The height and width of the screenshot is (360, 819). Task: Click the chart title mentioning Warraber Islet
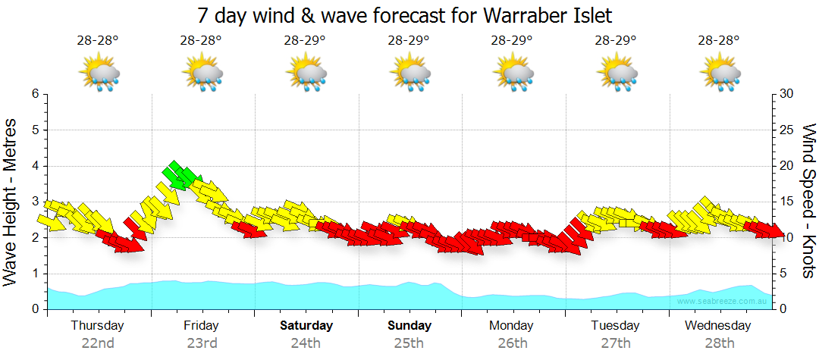(404, 15)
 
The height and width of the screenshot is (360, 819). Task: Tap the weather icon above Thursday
(100, 74)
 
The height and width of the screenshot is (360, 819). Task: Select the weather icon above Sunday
(410, 74)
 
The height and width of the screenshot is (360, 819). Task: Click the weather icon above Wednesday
(720, 74)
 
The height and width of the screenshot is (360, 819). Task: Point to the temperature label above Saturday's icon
(305, 40)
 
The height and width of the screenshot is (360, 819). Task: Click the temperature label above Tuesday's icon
(615, 40)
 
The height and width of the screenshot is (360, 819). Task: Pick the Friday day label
(201, 326)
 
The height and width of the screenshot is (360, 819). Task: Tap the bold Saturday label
(306, 326)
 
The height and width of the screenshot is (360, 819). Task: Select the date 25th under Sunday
(409, 343)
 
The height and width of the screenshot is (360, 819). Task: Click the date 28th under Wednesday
(719, 343)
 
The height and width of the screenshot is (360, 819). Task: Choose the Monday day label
(511, 326)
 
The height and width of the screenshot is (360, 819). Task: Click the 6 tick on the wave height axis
(34, 94)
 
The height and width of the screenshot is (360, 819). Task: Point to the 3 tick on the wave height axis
(34, 202)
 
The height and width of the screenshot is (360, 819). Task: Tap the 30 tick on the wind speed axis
(787, 94)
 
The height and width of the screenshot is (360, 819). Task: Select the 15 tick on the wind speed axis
(787, 202)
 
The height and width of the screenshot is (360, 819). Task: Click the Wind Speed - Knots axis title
(808, 201)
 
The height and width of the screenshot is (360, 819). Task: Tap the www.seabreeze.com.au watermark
(723, 302)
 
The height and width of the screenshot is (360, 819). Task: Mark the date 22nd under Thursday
(98, 343)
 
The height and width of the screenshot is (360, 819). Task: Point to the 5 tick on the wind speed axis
(784, 274)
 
